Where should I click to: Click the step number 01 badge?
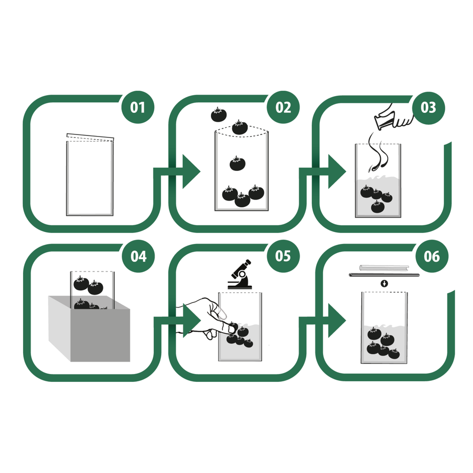pos(138,107)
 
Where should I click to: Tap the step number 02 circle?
pos(283,107)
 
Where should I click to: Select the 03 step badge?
pos(428,108)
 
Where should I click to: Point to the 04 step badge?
pos(138,256)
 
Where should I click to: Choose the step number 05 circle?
pos(283,256)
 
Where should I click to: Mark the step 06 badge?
pos(432,256)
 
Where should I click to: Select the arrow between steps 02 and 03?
pos(323,171)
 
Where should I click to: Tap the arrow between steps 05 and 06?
pos(323,321)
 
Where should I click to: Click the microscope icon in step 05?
pos(240,274)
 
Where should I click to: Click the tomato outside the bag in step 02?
pos(219,115)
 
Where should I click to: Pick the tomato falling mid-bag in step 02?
pos(237,164)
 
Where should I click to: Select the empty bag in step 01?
pos(90,174)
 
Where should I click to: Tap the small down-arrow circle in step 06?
pos(384,283)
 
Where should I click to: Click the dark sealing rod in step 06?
pos(384,275)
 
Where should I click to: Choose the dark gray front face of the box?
pos(100,335)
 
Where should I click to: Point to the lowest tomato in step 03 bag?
pos(378,206)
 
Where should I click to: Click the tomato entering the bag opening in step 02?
pos(240,127)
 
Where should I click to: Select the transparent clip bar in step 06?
pos(384,268)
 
